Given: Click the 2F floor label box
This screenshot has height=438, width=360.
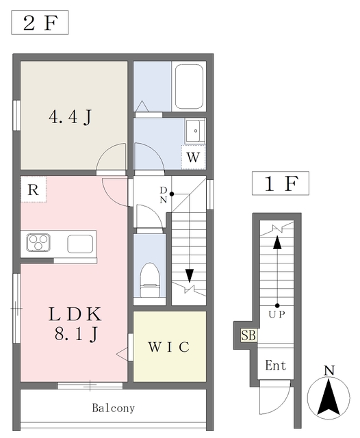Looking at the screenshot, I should coord(40,24).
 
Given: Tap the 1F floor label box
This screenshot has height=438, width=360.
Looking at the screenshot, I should coord(280,183).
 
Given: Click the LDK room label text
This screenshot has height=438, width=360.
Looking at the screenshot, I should coord(75,315).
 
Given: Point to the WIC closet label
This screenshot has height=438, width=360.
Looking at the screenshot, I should coord(169,346).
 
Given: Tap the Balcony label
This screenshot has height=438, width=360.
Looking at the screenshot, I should coord(114,409).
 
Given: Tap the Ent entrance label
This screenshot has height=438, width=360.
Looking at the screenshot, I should coord(276,366).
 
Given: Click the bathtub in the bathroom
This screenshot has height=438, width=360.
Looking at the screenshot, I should coord(189,87).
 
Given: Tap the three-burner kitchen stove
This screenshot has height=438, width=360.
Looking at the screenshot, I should coord(40,243).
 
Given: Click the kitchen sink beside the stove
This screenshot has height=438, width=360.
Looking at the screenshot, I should coord(79,243).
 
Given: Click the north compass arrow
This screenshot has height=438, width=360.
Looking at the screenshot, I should coord(329,398).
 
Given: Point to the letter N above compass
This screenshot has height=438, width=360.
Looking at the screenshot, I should coord(329,372).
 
